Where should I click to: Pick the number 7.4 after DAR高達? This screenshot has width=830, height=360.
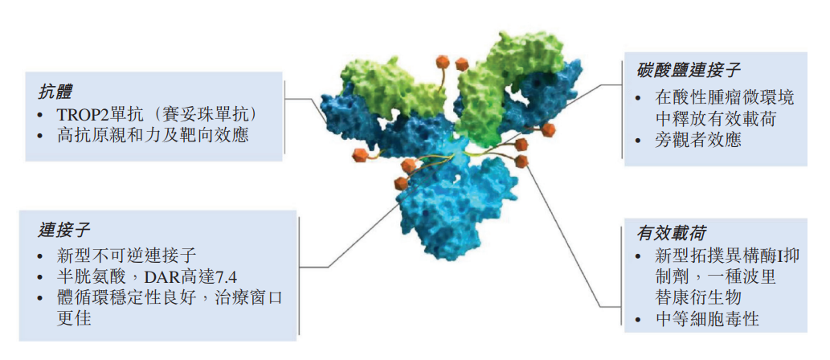pos(225,277)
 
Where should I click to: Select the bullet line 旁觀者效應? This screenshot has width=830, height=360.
pos(697,141)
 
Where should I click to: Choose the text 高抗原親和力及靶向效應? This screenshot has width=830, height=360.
pos(153,136)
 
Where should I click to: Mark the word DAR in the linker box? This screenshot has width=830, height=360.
pos(149,277)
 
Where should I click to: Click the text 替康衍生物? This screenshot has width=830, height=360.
pos(697,297)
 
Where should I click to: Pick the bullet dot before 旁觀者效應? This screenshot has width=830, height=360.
pos(641,141)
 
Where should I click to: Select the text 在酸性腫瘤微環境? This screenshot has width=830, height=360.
pos(724,98)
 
